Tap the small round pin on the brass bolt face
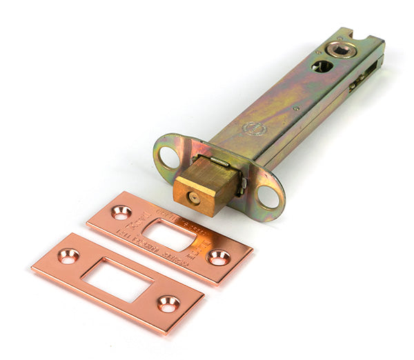click(194, 198)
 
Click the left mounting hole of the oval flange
click(167, 157)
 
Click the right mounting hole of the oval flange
click(268, 198)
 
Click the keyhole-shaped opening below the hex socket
click(322, 66)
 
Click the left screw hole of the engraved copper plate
click(121, 212)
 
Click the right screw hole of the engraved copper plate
click(219, 257)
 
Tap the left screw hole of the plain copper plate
click(68, 256)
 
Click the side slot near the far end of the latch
click(358, 81)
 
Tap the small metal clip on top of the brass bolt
click(219, 162)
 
